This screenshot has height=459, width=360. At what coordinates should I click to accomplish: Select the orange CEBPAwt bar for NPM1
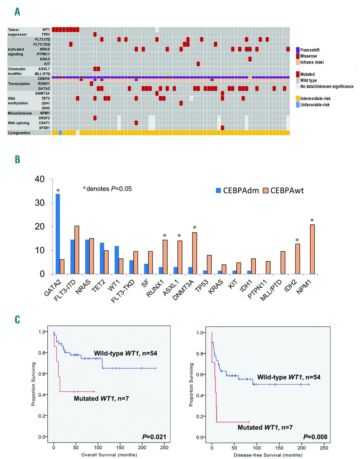pos(312,249)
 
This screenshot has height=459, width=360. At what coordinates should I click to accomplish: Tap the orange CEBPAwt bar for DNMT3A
pos(195,253)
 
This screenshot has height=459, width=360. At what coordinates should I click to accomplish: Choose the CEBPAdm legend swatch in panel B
pos(218,190)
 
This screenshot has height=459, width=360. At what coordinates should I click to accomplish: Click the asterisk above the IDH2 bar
pos(297,240)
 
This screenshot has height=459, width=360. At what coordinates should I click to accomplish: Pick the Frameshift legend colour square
pos(298,50)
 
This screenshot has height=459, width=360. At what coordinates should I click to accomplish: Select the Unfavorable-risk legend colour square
pos(298,105)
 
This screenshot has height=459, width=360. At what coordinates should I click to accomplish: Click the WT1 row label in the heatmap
pos(46,30)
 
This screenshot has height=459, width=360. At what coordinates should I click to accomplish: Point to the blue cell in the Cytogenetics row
pos(60,133)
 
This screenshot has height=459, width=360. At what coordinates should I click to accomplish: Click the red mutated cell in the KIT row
pos(198,64)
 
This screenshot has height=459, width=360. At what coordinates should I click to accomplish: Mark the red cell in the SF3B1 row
pos(223,128)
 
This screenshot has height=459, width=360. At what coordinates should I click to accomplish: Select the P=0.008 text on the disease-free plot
pos(315,437)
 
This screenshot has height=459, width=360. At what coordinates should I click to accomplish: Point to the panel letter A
pos(17,12)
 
